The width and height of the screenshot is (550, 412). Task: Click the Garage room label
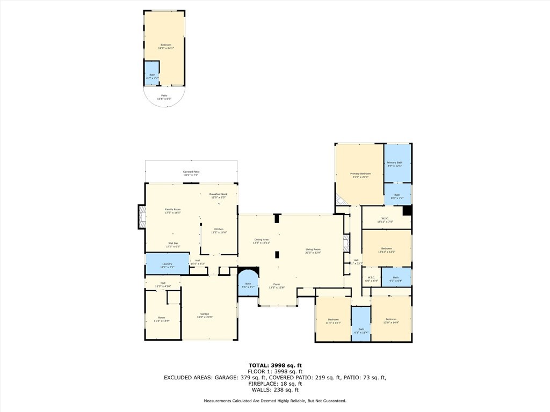pyautogui.click(x=205, y=315)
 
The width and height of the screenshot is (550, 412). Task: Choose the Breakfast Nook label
pyautogui.click(x=218, y=195)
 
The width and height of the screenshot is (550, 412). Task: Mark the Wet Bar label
pyautogui.click(x=172, y=245)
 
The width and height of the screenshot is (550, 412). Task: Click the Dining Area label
pyautogui.click(x=262, y=241)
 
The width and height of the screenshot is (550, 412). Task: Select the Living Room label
pyautogui.click(x=313, y=251)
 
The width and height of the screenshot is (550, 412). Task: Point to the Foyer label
pyautogui.click(x=277, y=285)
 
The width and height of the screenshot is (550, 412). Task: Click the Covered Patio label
pyautogui.click(x=191, y=173)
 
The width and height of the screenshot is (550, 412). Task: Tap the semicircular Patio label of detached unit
pyautogui.click(x=164, y=97)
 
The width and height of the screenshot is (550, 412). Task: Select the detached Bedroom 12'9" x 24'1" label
pyautogui.click(x=166, y=46)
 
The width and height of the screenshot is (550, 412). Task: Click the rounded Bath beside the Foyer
pyautogui.click(x=248, y=285)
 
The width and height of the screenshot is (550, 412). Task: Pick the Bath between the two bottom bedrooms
pyautogui.click(x=361, y=330)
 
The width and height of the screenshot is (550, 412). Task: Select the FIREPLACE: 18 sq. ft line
pyautogui.click(x=274, y=383)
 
